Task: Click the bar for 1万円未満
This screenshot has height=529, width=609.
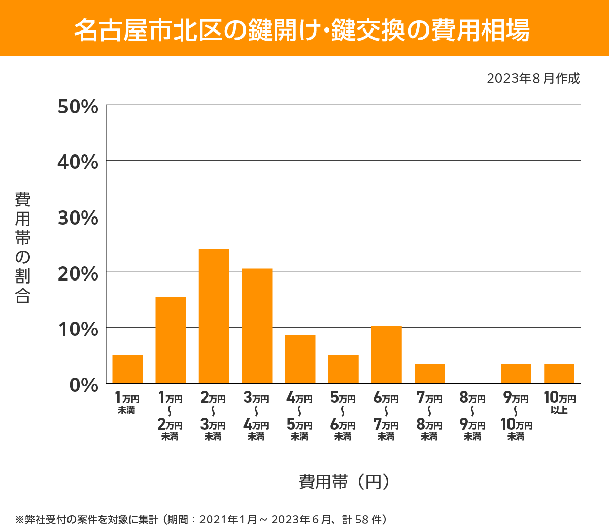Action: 127,369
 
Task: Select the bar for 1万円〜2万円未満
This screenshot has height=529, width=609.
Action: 171,340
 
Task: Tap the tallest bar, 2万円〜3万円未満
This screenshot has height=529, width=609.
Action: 214,316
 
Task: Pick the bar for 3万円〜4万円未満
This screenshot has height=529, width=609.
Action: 257,326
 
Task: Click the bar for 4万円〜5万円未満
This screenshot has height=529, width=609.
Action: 300,359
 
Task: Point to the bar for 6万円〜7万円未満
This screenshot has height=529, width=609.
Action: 386,355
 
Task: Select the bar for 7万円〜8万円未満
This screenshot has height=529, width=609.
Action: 429,374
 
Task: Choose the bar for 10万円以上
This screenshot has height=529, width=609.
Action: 559,374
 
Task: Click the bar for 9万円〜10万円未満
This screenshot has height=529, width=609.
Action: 516,374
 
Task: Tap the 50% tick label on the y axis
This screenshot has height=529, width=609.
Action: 78,107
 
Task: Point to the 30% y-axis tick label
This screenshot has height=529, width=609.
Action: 78,218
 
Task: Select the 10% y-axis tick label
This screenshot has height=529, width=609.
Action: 78,329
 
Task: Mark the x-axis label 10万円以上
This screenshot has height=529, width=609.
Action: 559,402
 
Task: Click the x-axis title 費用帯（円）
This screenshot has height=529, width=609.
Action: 344,481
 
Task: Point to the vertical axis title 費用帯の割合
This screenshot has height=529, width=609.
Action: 23,247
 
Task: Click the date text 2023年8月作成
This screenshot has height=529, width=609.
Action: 533,78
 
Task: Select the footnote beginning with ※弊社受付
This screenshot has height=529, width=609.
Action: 201,519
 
